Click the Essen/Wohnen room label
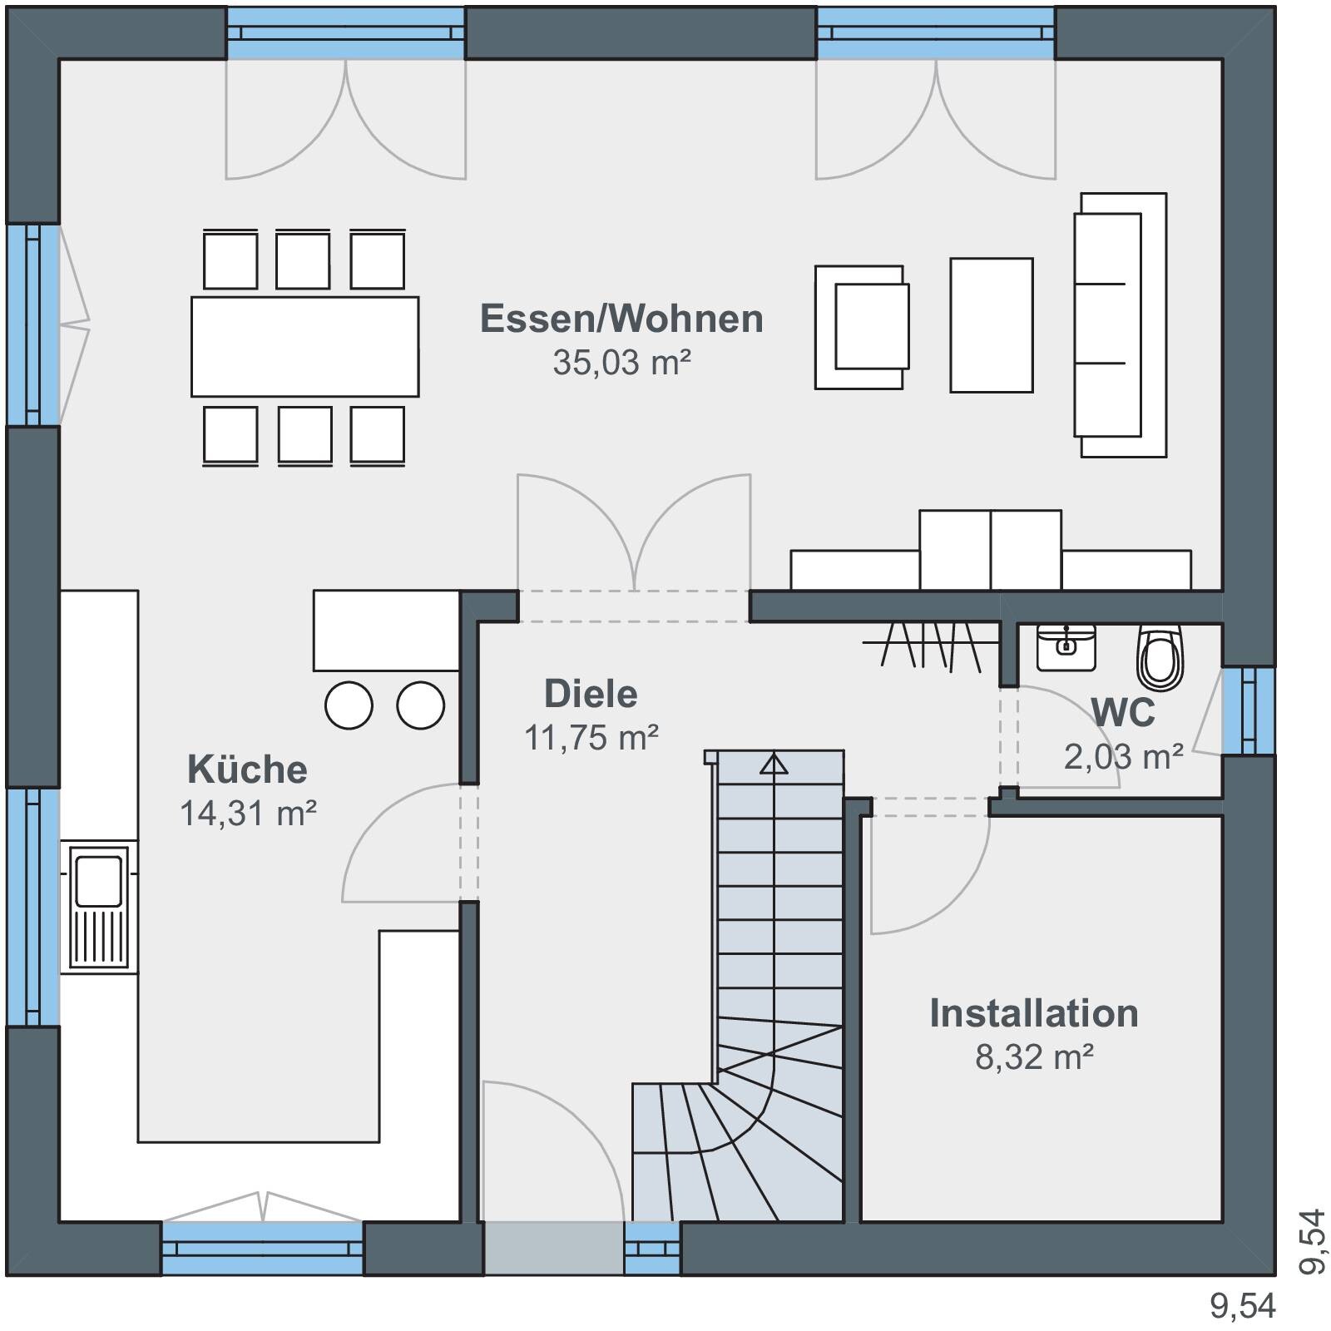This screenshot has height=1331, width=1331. pos(621,319)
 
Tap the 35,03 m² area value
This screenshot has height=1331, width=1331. pos(621,363)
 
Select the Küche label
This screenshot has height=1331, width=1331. pos(247,769)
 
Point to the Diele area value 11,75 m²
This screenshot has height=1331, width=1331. pos(591,737)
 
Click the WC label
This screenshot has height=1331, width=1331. pos(1123,713)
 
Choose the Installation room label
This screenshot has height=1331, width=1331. pos(1034,1013)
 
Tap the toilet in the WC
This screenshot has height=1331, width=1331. pos(1160,657)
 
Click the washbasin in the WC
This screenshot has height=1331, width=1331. pos(1066,647)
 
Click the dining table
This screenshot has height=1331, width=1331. pos(304,346)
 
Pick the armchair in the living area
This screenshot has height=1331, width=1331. pos(862,327)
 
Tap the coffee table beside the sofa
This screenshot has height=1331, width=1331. pos(992,324)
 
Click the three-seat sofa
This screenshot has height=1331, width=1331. pos(1120,324)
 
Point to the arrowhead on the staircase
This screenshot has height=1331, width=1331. pos(774,763)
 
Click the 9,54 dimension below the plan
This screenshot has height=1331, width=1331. pos(1243,1306)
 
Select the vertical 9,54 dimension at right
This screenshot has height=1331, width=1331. pos(1311,1241)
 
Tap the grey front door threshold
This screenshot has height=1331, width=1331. pos(554,1248)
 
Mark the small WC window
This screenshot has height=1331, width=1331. pos(1248,710)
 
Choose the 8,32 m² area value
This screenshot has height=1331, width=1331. pos(1034,1056)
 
